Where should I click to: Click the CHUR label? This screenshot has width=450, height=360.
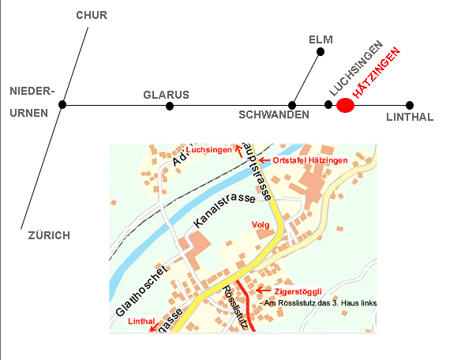[x=92, y=15]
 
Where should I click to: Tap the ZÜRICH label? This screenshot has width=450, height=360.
[x=49, y=235]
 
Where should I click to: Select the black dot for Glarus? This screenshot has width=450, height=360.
[x=170, y=106]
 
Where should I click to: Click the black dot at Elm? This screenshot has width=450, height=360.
[x=321, y=52]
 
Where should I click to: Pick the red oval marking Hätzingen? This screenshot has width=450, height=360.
[x=345, y=105]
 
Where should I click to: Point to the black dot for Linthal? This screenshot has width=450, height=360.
[x=410, y=105]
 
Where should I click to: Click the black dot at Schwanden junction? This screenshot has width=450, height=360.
[x=292, y=105]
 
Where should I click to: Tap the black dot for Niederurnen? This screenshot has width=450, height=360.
[x=62, y=104]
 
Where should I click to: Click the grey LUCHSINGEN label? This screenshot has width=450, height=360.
[x=356, y=69]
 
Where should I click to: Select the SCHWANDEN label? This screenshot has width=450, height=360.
[x=274, y=114]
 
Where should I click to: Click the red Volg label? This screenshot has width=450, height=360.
[x=261, y=225]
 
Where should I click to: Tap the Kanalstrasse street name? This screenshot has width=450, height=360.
[x=224, y=208]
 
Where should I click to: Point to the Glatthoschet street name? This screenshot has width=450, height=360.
[x=141, y=291]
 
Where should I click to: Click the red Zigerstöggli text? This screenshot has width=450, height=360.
[x=298, y=291]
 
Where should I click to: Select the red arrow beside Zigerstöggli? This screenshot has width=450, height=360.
[x=263, y=291]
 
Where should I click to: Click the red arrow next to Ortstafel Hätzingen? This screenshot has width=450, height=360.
[x=264, y=160]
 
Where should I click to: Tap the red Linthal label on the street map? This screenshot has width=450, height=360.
[x=141, y=321]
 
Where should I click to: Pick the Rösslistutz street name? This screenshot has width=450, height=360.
[x=235, y=307]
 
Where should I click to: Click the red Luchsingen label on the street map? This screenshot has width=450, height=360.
[x=208, y=150]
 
